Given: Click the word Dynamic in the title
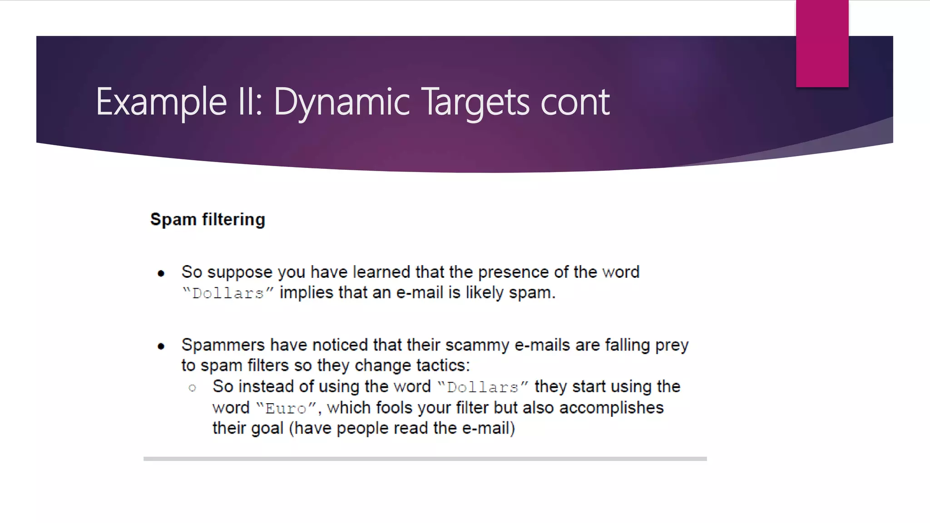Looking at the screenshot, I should pyautogui.click(x=341, y=102).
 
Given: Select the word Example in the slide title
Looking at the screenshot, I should pyautogui.click(x=161, y=102).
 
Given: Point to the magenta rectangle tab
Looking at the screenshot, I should pyautogui.click(x=822, y=44).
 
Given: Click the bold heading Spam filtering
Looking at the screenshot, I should pyautogui.click(x=208, y=219).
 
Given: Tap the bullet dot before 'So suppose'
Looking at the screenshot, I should pyautogui.click(x=161, y=273).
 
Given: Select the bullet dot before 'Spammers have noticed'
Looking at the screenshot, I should pyautogui.click(x=161, y=346).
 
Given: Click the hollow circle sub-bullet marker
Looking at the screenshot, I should pyautogui.click(x=192, y=388).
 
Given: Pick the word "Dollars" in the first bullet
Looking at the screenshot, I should pyautogui.click(x=228, y=293).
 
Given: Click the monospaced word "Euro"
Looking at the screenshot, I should pyautogui.click(x=286, y=408).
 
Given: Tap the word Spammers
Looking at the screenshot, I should pyautogui.click(x=223, y=345).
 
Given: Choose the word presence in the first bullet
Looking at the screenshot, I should pyautogui.click(x=513, y=272).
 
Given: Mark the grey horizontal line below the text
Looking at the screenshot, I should pyautogui.click(x=425, y=459).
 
